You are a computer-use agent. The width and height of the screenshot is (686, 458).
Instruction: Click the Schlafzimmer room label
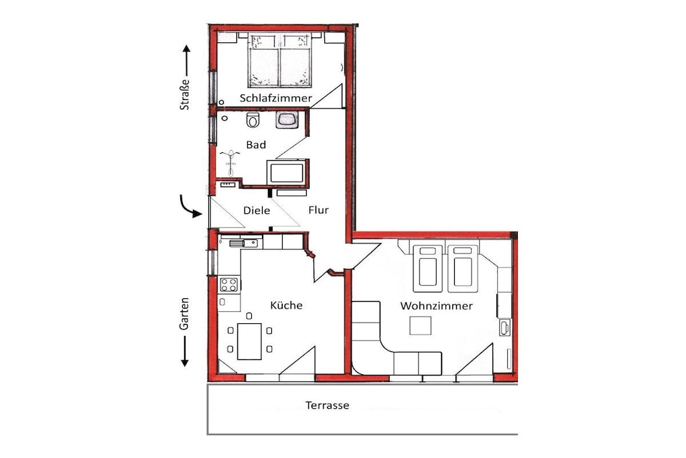tap(275, 98)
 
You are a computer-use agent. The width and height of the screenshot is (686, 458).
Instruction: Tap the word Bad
tap(256, 144)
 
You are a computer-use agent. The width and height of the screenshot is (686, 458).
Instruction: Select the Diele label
tap(257, 211)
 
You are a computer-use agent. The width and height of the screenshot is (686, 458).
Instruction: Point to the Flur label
tap(318, 210)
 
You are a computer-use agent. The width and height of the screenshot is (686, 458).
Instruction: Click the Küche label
tap(286, 304)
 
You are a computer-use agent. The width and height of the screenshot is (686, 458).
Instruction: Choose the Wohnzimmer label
tap(436, 306)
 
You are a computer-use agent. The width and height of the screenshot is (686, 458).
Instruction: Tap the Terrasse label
tap(327, 405)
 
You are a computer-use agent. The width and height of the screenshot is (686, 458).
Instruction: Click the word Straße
tap(185, 94)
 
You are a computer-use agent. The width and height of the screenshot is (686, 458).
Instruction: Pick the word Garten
tap(185, 314)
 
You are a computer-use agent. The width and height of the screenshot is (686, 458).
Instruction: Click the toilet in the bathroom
tap(253, 119)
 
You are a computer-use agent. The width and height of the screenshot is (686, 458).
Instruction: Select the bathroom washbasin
tap(287, 119)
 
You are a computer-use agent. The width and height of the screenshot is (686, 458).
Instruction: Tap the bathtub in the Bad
tap(287, 173)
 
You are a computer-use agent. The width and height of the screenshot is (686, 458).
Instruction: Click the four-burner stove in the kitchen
tap(229, 284)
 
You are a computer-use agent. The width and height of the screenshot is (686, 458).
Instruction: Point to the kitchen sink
tap(243, 243)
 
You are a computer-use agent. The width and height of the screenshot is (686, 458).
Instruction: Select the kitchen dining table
tap(249, 341)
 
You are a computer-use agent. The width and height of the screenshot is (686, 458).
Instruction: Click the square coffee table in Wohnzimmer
tap(421, 326)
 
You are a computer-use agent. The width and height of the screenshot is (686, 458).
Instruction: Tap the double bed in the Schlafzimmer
tap(280, 60)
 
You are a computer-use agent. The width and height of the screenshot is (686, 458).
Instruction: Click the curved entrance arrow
tap(190, 207)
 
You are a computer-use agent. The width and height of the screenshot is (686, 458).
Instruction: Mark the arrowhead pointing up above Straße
tap(186, 49)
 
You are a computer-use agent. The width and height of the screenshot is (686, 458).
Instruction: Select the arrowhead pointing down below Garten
tap(185, 362)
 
